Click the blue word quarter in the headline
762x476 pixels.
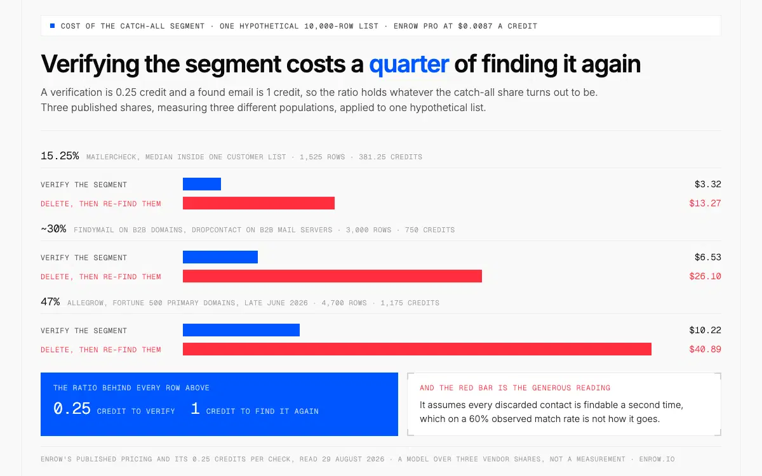click(409, 64)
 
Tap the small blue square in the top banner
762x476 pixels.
click(52, 26)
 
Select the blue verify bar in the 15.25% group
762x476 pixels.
click(202, 184)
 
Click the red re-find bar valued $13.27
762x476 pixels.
click(258, 203)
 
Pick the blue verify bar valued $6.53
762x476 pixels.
click(220, 257)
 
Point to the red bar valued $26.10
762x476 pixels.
click(332, 276)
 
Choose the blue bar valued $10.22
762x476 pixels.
click(241, 330)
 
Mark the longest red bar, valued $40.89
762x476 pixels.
click(417, 349)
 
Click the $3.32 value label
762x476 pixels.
click(707, 184)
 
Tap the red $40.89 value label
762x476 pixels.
click(705, 349)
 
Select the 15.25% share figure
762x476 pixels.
click(60, 156)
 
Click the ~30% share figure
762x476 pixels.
click(53, 229)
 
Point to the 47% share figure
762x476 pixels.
click(50, 301)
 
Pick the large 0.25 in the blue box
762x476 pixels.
click(72, 408)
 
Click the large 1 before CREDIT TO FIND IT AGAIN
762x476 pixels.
click(196, 408)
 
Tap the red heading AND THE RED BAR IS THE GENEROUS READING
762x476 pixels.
click(515, 388)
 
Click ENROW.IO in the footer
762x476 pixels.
click(657, 459)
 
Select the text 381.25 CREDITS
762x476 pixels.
click(391, 157)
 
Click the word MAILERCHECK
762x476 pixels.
click(111, 157)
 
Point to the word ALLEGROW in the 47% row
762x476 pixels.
click(85, 303)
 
